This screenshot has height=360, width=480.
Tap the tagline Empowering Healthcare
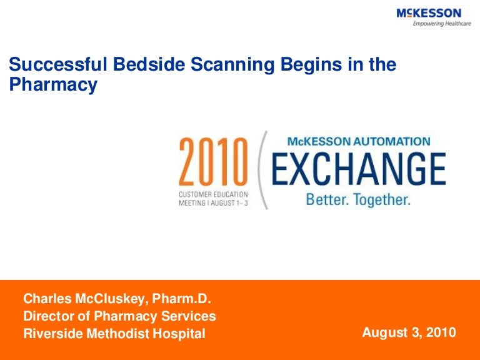point(442,24)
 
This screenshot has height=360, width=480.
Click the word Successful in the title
point(58,64)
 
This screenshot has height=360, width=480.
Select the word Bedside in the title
point(149,64)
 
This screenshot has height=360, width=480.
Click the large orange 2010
point(213,162)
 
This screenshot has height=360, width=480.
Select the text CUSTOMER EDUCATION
point(213,194)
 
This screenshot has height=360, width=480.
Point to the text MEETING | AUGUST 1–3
point(213,203)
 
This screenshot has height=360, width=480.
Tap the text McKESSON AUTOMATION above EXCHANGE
point(359,141)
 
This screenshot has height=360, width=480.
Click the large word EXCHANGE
point(359,169)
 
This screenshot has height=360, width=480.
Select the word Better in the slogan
point(327,199)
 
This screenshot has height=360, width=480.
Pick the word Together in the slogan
point(382,200)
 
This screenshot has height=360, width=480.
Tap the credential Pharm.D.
point(181,299)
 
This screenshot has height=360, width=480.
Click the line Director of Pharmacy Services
point(120,316)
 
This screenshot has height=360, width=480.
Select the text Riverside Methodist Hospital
point(114,334)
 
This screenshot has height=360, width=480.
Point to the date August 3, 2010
point(409,332)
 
